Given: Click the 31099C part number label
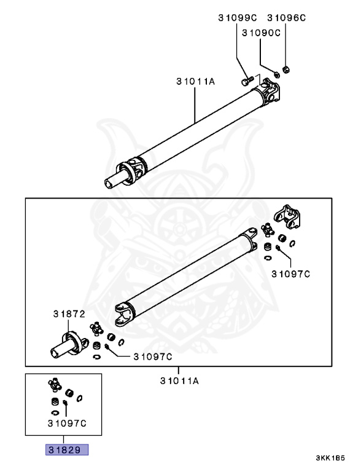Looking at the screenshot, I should tap(237, 18).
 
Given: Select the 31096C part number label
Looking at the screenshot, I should tap(285, 18).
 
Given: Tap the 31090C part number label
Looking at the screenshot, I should tap(260, 33).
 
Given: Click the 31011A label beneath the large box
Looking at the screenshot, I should tap(179, 381).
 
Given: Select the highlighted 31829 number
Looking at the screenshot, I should tap(66, 450).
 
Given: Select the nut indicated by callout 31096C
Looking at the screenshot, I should tap(285, 68).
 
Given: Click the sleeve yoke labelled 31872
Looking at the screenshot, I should tap(67, 345).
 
